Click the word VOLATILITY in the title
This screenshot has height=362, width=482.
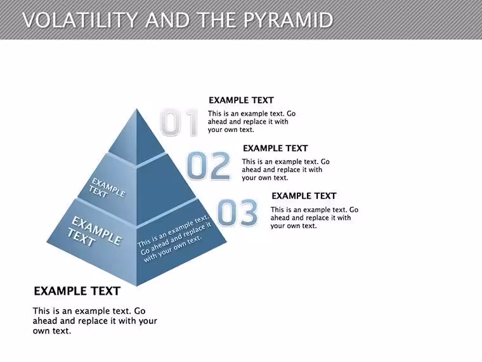click(x=80, y=20)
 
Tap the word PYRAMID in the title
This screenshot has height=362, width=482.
click(x=288, y=20)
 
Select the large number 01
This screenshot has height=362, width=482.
click(x=179, y=122)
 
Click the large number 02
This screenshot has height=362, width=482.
click(x=209, y=166)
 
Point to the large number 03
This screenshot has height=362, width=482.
click(x=237, y=212)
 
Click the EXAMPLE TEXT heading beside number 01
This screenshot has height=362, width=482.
click(x=241, y=100)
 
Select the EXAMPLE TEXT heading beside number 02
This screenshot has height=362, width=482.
click(x=275, y=149)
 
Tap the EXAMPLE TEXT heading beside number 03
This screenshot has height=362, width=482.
click(x=304, y=196)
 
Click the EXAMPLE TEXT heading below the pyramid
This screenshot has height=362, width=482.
click(x=77, y=292)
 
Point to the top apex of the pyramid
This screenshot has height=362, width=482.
click(x=137, y=109)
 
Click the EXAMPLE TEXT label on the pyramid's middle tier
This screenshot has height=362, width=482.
click(x=107, y=188)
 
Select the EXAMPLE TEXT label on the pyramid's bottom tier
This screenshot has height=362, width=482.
click(x=94, y=231)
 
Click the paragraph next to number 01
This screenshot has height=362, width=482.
click(x=251, y=121)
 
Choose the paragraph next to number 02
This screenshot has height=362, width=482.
click(x=285, y=170)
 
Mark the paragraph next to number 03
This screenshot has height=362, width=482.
click(x=314, y=218)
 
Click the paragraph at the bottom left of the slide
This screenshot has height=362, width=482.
click(x=94, y=321)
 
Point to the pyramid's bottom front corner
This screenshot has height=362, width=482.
click(x=136, y=286)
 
